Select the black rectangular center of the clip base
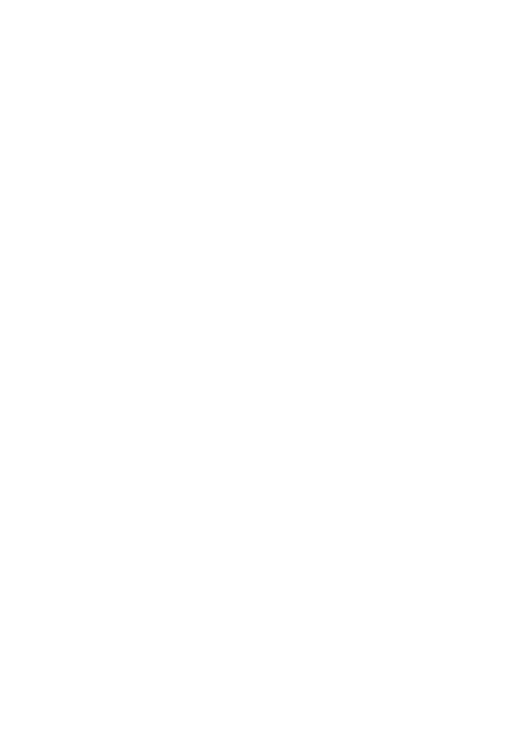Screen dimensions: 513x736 pos(257,99)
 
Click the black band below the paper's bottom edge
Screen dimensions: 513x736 pos(256,695)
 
